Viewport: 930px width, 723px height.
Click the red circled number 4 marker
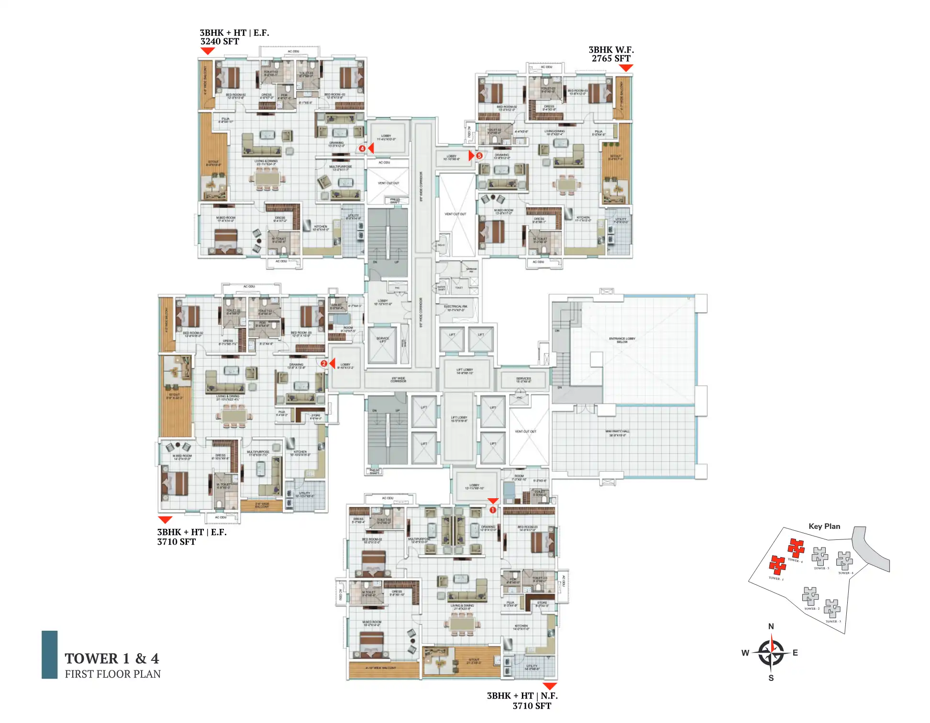coord(362,149)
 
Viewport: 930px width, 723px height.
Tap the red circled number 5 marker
coord(479,155)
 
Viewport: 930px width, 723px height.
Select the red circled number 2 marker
coord(324,363)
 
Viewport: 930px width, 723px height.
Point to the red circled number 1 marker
coord(493,510)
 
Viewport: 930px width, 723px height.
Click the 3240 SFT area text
coord(220,42)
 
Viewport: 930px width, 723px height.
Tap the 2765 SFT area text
coord(611,59)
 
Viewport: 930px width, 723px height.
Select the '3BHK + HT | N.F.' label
coord(522,696)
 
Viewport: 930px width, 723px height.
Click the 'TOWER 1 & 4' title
coord(112,658)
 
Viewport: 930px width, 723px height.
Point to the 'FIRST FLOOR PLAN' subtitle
coord(113,674)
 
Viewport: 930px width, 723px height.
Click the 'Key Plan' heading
coord(824,526)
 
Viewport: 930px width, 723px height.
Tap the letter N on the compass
coord(771,626)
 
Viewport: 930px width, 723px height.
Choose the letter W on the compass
coord(745,653)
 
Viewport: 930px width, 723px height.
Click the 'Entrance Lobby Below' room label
coord(622,340)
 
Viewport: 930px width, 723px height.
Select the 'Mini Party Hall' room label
coord(617,433)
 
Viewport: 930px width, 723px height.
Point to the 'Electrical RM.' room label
coord(455,308)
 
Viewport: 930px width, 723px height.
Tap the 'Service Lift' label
coord(383,340)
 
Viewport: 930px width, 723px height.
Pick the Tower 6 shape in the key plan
coord(844,560)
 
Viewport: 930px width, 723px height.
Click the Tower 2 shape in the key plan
coord(810,596)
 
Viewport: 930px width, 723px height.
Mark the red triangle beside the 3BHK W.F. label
coord(626,68)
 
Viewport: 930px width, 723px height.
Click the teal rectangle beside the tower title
coord(49,655)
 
